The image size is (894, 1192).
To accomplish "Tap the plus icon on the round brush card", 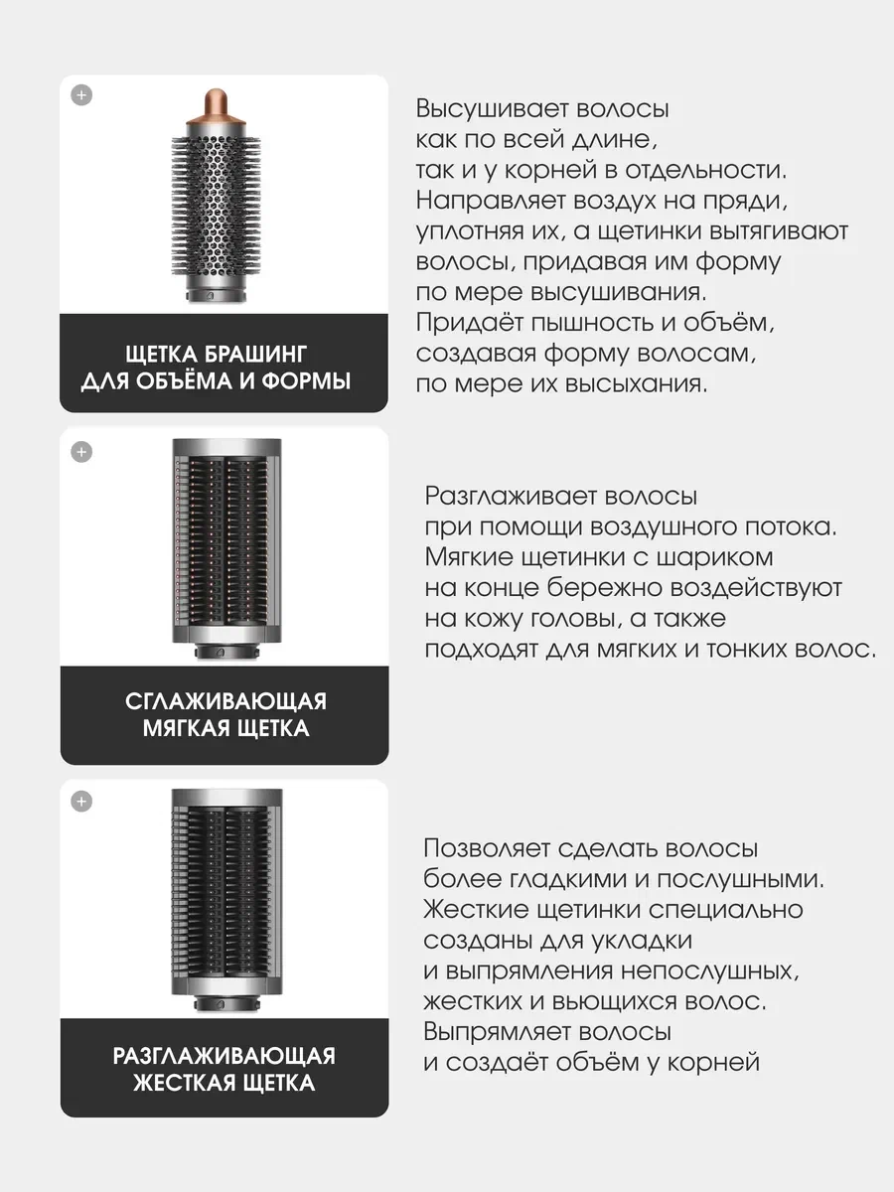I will point(82,95).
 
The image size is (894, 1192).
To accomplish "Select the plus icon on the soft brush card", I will point(82,452).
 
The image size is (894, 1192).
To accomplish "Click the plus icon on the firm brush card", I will point(82,802).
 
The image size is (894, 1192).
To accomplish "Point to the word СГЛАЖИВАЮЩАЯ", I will point(225,701).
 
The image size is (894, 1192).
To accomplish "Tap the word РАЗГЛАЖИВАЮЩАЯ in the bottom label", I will point(224,1055).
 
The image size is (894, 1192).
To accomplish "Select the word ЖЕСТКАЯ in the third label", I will point(184,1082).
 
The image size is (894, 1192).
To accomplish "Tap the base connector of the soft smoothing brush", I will point(223,653).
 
